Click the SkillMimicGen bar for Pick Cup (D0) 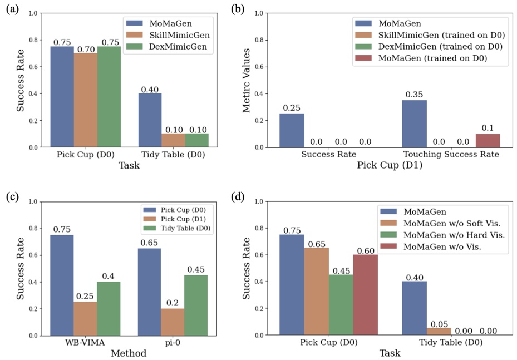pyautogui.click(x=85, y=100)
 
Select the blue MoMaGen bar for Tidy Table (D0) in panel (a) pyautogui.click(x=150, y=120)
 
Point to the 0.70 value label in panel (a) pyautogui.click(x=85, y=49)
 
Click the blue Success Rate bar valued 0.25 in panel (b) pyautogui.click(x=291, y=130)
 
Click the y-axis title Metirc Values pyautogui.click(x=247, y=80)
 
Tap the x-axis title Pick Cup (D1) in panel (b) pyautogui.click(x=388, y=165)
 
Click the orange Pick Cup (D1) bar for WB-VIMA pyautogui.click(x=85, y=318)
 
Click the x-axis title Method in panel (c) pyautogui.click(x=129, y=353)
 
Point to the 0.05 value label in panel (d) pyautogui.click(x=439, y=323)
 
